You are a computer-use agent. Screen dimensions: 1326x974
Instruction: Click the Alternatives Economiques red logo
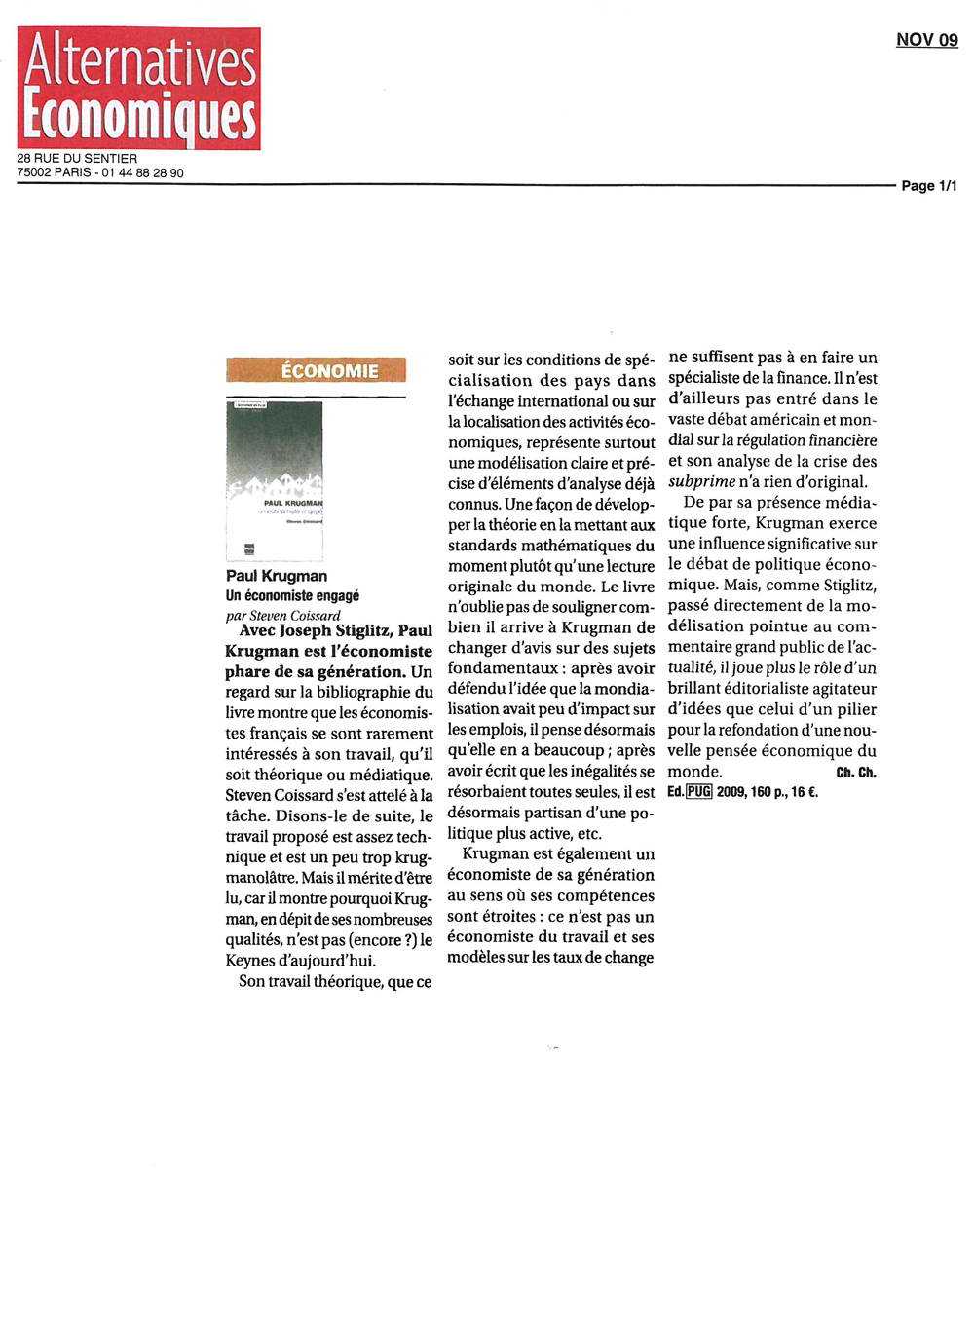point(139,88)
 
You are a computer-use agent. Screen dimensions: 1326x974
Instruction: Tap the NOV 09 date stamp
point(926,40)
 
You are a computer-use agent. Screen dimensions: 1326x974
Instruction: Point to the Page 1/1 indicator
point(928,186)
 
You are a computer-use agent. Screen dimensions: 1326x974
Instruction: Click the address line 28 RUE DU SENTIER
point(77,159)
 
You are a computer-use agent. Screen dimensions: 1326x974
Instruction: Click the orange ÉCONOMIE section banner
point(316,370)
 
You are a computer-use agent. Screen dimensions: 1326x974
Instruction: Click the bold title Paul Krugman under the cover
point(277,576)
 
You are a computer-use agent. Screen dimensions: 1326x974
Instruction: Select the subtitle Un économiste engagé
point(292,595)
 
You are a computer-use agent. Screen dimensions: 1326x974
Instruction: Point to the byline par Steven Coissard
point(282,616)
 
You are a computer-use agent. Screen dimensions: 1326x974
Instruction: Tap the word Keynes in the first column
point(250,961)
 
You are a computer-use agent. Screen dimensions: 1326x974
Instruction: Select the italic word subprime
point(701,482)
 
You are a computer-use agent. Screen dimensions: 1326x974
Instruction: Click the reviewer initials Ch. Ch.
point(856,773)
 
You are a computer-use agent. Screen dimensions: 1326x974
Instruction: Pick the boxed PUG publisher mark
point(699,792)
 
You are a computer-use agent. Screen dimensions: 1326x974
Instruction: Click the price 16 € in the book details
point(805,792)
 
